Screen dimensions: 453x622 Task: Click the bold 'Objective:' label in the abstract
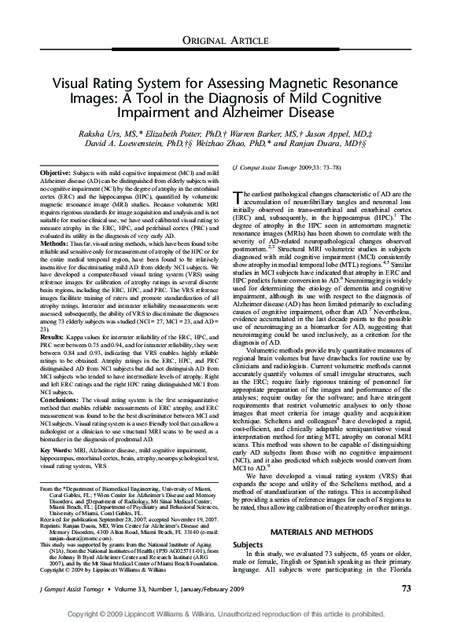click(55, 171)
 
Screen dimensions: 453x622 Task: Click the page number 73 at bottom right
click(407, 587)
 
